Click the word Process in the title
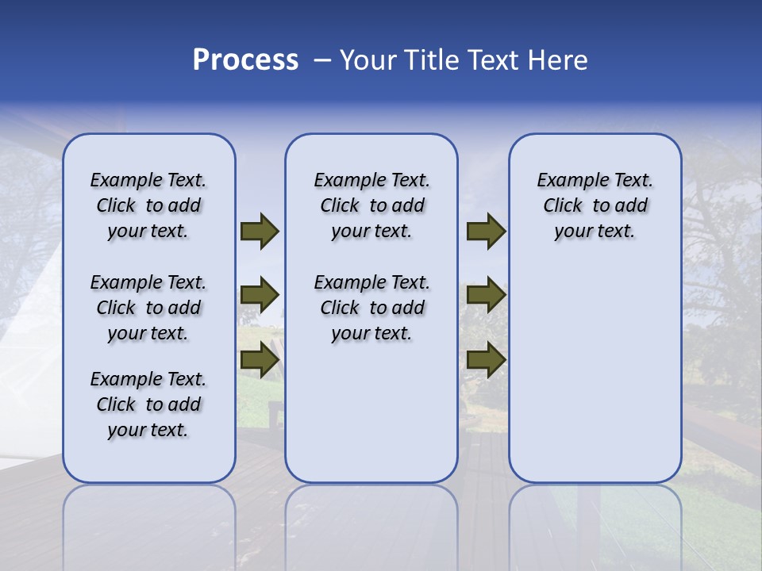pos(245,60)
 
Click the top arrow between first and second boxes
pos(260,232)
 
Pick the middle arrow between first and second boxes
pos(260,296)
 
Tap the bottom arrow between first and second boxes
pos(260,360)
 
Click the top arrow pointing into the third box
pos(486,232)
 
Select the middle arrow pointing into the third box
pos(486,296)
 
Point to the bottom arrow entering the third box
pos(486,360)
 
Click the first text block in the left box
pos(148,205)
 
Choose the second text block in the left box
pos(148,308)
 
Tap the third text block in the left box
pos(148,404)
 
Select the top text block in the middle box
pos(371,205)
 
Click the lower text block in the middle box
pos(371,308)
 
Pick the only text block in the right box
pos(595,205)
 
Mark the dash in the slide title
pos(322,60)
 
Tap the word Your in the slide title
pos(368,60)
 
